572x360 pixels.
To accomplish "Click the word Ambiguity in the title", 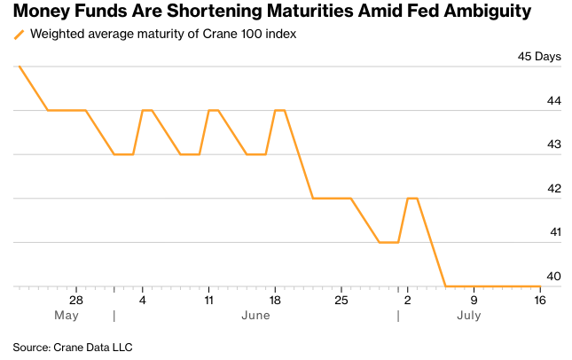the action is [x=488, y=12].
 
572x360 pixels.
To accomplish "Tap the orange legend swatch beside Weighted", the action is [x=19, y=35].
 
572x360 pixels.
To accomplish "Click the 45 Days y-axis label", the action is [x=539, y=57].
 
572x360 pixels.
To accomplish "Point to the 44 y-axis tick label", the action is [x=553, y=101].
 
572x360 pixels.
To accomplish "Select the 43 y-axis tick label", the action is [x=553, y=145].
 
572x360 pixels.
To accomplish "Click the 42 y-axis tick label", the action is [x=553, y=189].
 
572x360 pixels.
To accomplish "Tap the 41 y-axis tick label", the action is [x=555, y=232].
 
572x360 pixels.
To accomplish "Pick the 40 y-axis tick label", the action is [x=553, y=276].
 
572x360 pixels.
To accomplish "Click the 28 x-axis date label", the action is [x=76, y=301].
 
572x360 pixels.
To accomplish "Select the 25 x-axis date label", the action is [x=341, y=301].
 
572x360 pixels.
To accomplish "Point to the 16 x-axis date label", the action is [x=540, y=301].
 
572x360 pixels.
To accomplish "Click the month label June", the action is [x=255, y=316].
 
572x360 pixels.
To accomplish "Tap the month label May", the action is [x=67, y=316].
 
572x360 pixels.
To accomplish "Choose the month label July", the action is [x=469, y=316].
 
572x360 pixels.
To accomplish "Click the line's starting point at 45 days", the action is [x=19, y=67].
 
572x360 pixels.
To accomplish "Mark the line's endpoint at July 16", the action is [x=540, y=286].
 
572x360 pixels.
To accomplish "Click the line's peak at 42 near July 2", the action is [x=412, y=199].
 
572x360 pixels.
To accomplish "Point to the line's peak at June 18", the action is [x=280, y=110].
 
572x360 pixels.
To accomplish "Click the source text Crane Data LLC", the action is [x=93, y=348].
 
